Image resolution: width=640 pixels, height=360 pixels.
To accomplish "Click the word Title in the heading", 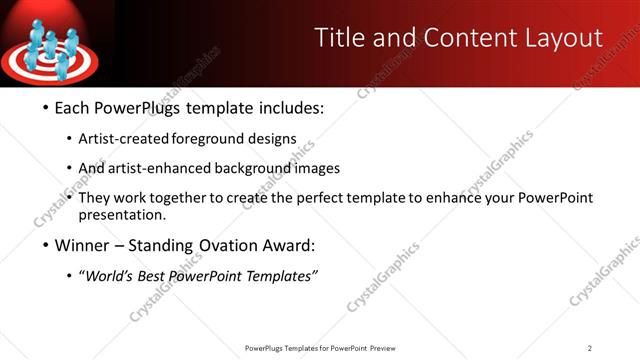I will click(x=337, y=38).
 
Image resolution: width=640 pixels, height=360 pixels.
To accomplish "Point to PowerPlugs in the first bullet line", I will click(x=141, y=107).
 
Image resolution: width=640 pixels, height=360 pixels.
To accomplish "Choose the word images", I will click(x=314, y=169).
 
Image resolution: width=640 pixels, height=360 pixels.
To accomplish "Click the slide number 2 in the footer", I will click(x=590, y=348).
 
